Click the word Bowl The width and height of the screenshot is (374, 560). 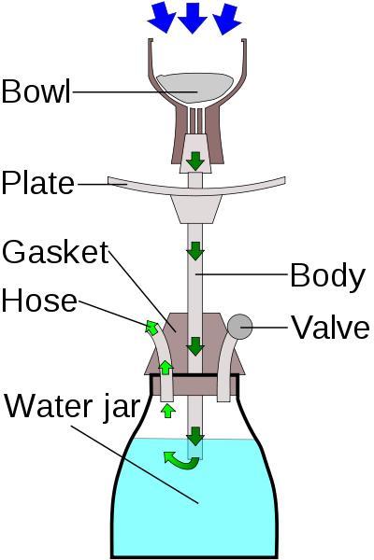(x=36, y=91)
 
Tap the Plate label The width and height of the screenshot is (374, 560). (x=38, y=183)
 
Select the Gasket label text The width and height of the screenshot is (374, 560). (x=55, y=252)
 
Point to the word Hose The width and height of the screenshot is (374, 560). (x=39, y=301)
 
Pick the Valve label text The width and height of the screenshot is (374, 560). (x=331, y=327)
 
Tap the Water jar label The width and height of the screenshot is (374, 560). (x=71, y=406)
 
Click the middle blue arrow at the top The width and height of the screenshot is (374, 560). (x=193, y=18)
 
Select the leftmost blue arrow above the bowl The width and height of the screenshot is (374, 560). (x=162, y=18)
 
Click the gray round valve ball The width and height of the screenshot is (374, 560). (x=239, y=327)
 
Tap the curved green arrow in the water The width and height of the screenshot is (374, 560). (x=180, y=461)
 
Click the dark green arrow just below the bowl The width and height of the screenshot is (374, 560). (x=195, y=161)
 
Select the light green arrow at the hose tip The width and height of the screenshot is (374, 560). (x=151, y=328)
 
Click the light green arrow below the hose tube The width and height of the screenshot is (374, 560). (x=167, y=411)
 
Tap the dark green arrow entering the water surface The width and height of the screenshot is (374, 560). (x=195, y=436)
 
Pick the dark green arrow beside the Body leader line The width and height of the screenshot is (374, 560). (x=195, y=251)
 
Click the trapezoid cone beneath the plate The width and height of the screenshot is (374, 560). (x=195, y=209)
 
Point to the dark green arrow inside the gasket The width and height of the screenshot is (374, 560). (x=195, y=346)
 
